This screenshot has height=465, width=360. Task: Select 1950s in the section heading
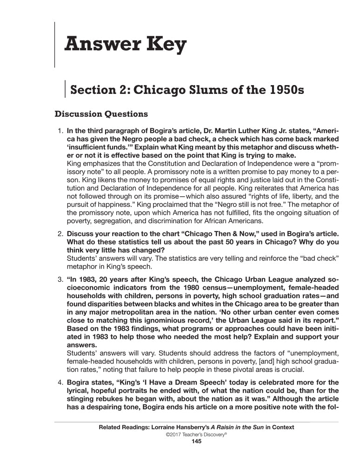coord(284,89)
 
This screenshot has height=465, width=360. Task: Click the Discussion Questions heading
coord(101,114)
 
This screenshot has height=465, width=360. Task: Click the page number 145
coord(196,441)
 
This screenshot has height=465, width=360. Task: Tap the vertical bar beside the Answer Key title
coord(55,45)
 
